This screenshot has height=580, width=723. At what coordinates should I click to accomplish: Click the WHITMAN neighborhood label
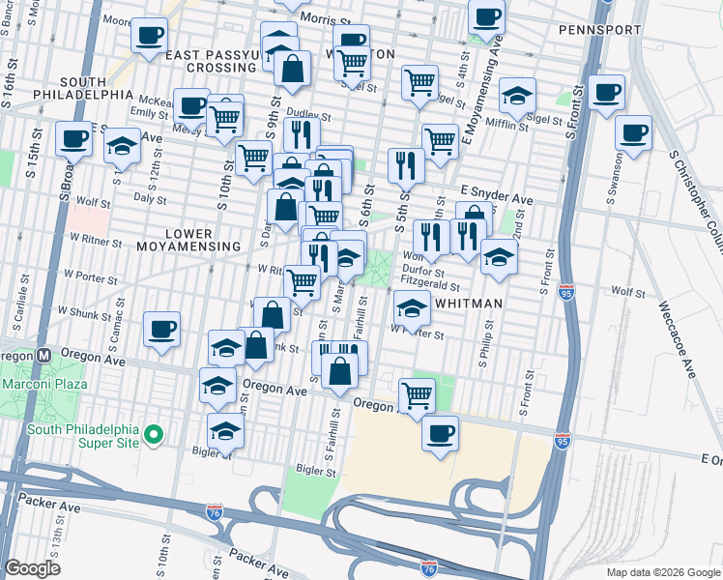tap(469, 304)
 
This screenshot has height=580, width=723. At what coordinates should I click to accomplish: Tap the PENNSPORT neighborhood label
tap(599, 30)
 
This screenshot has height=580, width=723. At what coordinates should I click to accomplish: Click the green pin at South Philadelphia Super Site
tap(153, 438)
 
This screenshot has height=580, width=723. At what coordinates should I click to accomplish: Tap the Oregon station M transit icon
tap(43, 355)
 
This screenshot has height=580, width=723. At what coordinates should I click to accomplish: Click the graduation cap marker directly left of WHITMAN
tap(413, 309)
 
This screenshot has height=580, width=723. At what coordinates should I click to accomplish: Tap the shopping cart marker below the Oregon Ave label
tap(417, 394)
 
